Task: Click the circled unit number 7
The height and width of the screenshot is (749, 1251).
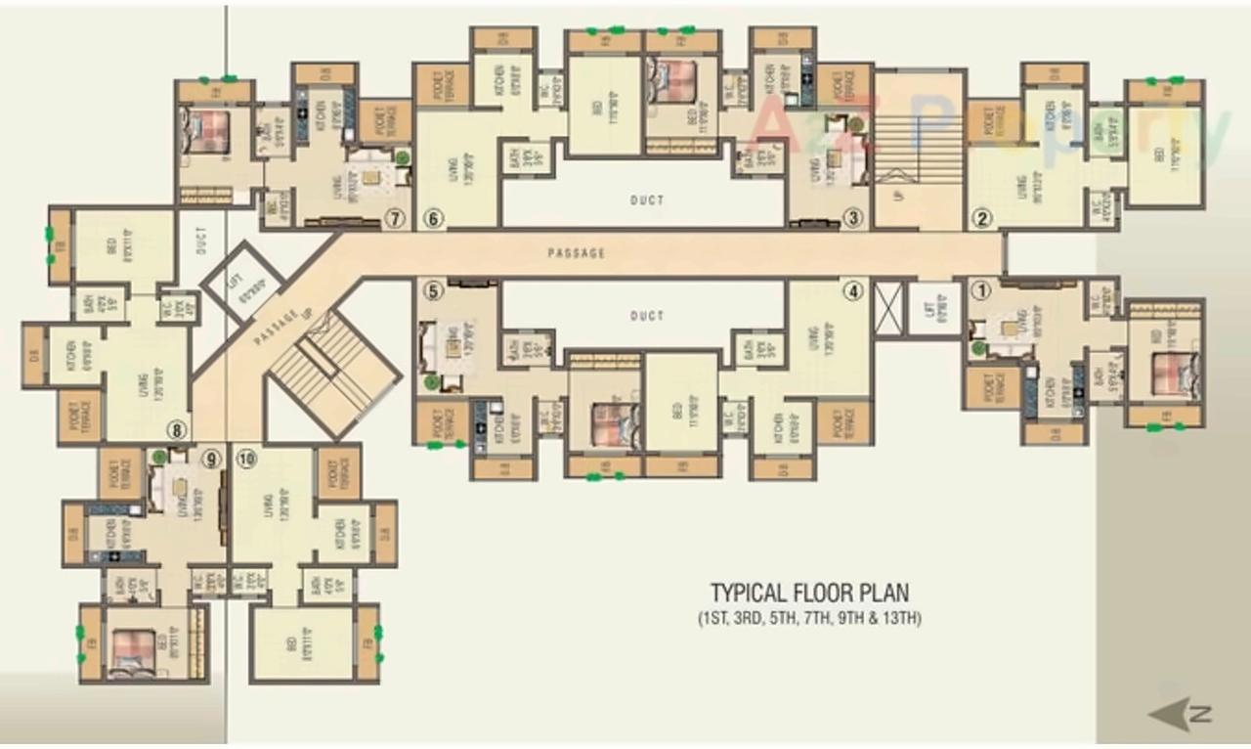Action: point(395,219)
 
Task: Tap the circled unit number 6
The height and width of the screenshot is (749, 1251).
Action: point(434,219)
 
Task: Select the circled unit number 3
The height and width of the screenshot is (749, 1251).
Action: point(854,219)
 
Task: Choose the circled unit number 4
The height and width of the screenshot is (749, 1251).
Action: point(854,289)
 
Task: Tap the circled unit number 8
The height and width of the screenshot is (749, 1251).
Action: point(177,428)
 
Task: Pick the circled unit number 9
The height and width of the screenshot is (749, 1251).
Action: point(211,457)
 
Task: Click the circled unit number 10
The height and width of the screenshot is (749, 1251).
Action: point(246,457)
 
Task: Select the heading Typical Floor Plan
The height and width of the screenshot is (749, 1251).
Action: point(809,593)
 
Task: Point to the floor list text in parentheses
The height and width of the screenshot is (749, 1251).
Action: point(809,618)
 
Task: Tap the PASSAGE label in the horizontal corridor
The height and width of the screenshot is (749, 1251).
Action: point(576,253)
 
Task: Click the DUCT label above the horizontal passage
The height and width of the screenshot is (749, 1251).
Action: point(646,200)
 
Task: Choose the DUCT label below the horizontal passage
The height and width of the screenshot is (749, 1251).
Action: point(646,316)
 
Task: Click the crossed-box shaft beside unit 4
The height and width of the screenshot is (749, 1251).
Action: point(885,309)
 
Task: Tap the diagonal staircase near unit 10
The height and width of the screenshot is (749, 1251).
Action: point(332,372)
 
